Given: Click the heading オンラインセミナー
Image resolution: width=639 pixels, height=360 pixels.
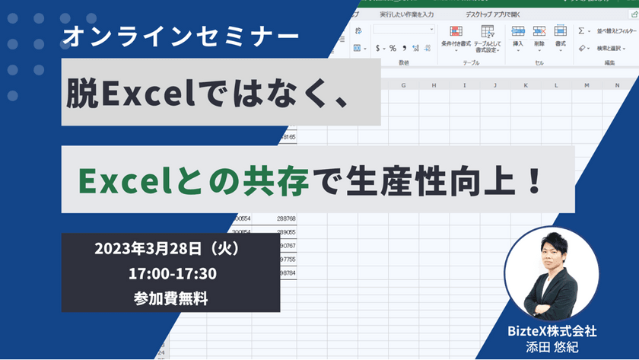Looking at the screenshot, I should (x=182, y=35).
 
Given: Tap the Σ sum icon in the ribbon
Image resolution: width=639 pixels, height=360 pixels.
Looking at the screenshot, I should (x=581, y=31).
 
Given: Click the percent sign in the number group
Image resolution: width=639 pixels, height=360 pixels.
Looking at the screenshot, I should (x=393, y=48).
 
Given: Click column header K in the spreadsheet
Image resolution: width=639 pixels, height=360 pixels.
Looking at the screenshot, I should (x=526, y=84).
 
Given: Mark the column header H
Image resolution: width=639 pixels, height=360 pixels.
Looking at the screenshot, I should (x=433, y=84).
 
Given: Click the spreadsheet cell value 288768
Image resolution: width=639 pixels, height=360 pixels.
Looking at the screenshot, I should (x=286, y=218).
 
